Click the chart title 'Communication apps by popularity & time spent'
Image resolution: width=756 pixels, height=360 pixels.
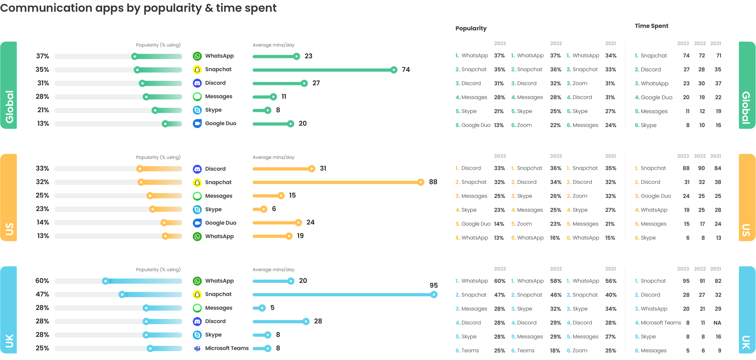[138, 8]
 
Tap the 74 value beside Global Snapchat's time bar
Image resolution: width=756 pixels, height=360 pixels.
[406, 69]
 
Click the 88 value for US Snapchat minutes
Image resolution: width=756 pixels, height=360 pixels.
[433, 182]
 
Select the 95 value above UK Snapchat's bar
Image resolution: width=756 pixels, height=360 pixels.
[434, 285]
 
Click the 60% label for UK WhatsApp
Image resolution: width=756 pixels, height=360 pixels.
[42, 281]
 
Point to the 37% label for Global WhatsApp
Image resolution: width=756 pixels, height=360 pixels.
[43, 56]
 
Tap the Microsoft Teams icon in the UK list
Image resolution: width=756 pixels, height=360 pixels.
[197, 348]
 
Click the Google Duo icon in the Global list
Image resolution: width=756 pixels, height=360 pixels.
[197, 123]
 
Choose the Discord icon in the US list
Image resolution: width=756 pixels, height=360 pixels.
[197, 169]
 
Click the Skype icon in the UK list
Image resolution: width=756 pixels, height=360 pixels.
[197, 335]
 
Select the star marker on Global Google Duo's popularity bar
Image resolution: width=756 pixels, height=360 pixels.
[165, 124]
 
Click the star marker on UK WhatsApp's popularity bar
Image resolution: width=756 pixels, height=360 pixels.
[106, 281]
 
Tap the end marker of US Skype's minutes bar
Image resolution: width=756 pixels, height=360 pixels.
[264, 209]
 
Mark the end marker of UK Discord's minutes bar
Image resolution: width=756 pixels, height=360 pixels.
[305, 321]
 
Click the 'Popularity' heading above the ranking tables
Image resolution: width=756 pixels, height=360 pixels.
[471, 28]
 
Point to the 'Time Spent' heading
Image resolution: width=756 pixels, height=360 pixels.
[651, 26]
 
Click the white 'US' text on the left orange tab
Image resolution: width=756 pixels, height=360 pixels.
[9, 229]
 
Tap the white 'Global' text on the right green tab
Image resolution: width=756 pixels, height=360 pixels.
[746, 107]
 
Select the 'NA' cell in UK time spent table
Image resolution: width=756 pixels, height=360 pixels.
[717, 323]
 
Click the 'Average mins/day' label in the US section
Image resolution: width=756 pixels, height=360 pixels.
[273, 157]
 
